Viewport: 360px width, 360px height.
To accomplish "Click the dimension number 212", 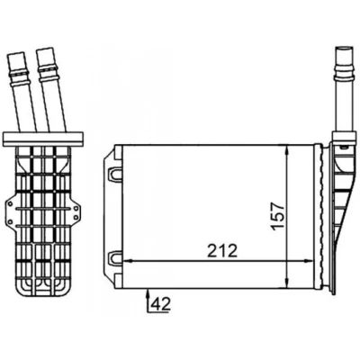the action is pos(222,251).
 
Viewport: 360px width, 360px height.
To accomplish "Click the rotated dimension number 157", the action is pos(277,216).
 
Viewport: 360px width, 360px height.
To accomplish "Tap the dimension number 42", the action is pos(161,303).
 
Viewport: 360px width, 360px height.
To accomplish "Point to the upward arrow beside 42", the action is pos(148,301).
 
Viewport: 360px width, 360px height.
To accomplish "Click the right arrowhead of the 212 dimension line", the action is pos(309,261).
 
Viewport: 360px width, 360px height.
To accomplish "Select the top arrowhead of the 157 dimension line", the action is pos(287,150).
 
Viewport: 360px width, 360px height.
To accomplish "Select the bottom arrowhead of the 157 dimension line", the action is pos(287,283).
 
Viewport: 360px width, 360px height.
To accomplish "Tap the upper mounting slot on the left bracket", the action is pos(114,174).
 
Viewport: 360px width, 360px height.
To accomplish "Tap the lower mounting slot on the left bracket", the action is pos(114,258).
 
